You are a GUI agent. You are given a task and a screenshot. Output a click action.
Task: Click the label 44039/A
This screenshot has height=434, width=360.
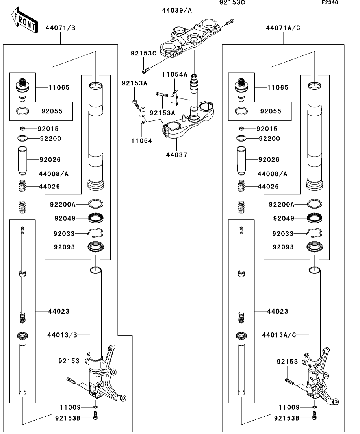(x=177, y=10)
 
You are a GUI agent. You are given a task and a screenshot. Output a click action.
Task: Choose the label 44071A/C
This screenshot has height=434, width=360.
(x=283, y=28)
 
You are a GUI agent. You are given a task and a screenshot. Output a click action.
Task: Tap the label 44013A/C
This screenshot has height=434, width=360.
(x=279, y=335)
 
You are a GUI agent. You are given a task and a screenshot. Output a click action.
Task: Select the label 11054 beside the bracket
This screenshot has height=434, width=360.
(x=142, y=140)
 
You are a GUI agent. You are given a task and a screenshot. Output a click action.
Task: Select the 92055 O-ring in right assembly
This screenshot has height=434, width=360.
(x=241, y=111)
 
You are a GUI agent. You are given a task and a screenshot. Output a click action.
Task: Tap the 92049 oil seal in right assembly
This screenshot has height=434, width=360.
(x=315, y=217)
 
